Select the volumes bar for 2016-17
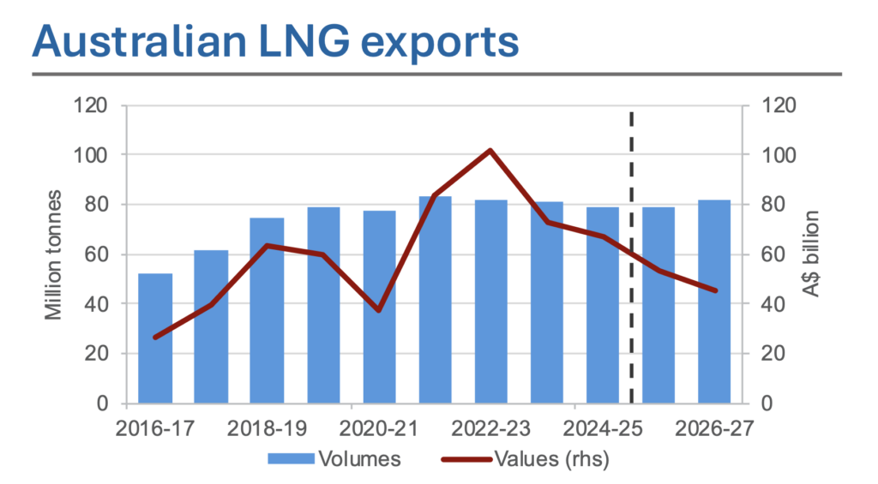pyautogui.click(x=155, y=338)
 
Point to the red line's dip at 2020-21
pyautogui.click(x=378, y=309)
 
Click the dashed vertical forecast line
pyautogui.click(x=632, y=257)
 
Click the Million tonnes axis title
pyautogui.click(x=55, y=255)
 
